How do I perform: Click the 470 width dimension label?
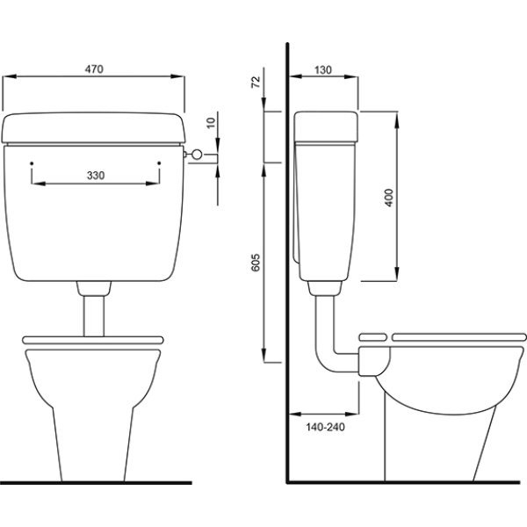point(94,69)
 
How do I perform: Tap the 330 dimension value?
point(96,175)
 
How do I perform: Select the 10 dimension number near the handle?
point(211,123)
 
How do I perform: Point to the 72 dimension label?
point(256,82)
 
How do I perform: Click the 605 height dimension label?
point(256,263)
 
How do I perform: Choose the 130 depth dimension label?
point(323,70)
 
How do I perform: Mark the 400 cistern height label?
point(388,198)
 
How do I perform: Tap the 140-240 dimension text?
point(325,427)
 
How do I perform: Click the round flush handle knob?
point(197,155)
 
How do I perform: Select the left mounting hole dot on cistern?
point(32,163)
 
